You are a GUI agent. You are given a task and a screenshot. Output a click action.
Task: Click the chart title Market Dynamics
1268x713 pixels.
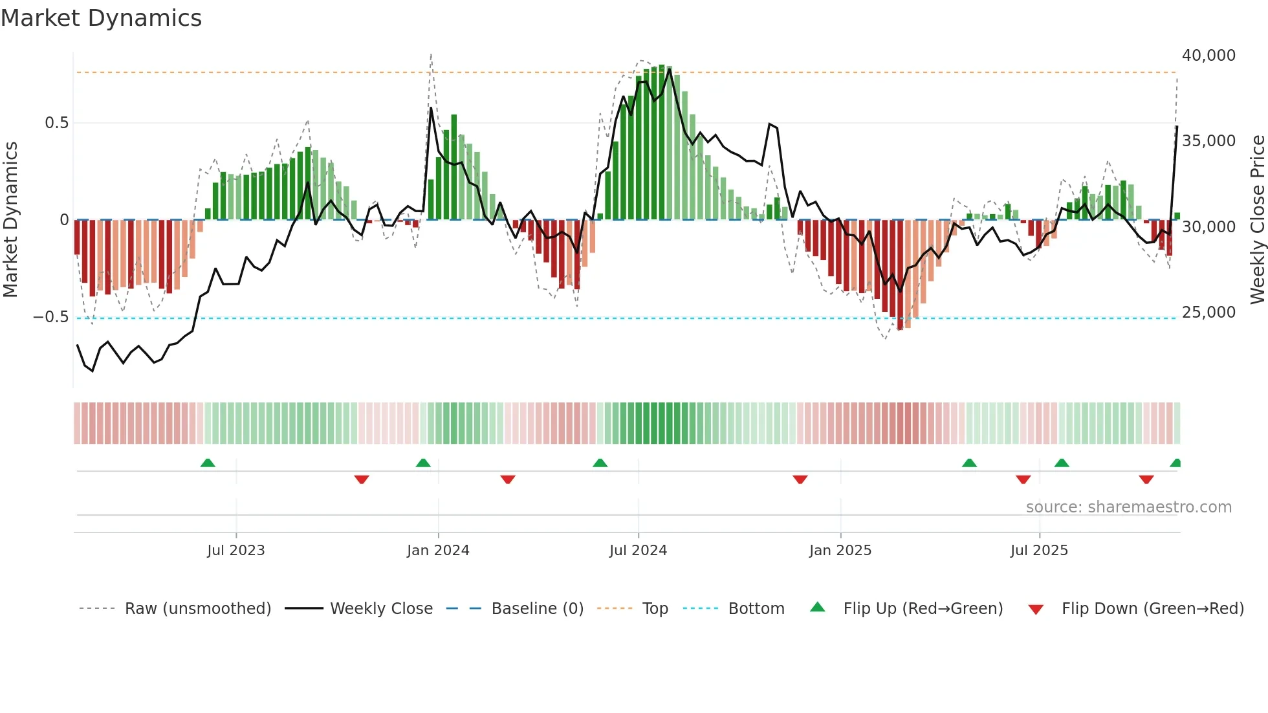[x=101, y=18]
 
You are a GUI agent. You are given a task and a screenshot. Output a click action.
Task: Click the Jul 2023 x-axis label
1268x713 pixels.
[x=236, y=550]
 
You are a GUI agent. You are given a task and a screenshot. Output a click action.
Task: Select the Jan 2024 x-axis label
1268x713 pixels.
[x=438, y=550]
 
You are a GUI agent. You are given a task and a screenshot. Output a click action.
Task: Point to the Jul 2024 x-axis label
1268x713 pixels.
[x=638, y=550]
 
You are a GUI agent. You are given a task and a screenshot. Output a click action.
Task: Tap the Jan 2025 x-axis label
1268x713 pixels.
[x=840, y=550]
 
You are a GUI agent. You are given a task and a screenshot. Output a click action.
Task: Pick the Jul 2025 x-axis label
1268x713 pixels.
[x=1039, y=550]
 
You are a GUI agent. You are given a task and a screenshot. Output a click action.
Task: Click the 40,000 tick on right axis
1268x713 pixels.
[x=1208, y=56]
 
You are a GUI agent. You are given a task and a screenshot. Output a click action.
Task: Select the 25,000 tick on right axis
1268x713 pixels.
[x=1208, y=313]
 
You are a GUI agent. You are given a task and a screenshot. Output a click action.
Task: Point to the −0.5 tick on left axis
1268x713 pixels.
[x=50, y=317]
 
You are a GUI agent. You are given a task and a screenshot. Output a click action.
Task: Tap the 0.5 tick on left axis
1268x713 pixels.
[x=56, y=123]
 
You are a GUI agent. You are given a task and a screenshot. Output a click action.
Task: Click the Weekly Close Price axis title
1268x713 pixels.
[x=1257, y=220]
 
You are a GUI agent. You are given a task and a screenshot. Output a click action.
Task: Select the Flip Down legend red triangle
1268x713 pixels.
[x=1036, y=609]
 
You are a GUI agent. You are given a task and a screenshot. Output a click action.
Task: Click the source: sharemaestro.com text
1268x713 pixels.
[x=1128, y=507]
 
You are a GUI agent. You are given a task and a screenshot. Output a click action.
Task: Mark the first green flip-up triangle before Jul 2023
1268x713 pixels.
[x=208, y=463]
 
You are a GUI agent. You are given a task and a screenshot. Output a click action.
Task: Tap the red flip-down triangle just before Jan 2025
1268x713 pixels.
[x=800, y=479]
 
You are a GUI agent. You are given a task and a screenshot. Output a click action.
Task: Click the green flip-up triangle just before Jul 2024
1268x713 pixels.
[x=600, y=463]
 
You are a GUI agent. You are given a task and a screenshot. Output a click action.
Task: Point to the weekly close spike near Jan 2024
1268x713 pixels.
[x=432, y=109]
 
